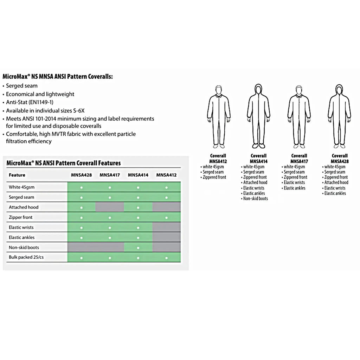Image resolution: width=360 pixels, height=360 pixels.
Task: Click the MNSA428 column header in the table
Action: coord(81,175)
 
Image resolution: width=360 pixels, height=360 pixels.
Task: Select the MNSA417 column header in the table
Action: coord(110,175)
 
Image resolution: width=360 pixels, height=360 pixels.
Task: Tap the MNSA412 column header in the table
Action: coord(166,175)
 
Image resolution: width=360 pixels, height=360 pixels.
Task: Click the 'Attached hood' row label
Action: coord(24,207)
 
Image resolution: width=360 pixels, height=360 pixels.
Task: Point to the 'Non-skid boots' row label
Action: coord(24,247)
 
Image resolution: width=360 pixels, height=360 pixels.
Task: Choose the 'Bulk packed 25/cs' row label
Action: coord(26,257)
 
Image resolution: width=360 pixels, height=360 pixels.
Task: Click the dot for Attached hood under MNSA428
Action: coord(81,207)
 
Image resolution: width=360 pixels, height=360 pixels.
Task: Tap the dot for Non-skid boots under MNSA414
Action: coord(138,248)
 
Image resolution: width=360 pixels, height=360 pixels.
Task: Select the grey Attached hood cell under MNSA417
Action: coord(110,207)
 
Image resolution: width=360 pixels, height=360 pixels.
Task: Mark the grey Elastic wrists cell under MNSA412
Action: coord(166,227)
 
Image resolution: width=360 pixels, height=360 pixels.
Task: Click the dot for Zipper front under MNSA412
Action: coord(166,218)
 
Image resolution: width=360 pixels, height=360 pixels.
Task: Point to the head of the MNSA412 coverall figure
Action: coord(218,90)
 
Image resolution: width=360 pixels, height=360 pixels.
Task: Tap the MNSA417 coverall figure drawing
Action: coord(299,116)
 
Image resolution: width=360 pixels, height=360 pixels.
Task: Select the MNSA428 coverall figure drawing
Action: coord(339,116)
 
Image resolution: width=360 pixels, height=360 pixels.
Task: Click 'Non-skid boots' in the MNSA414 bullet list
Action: coord(256,199)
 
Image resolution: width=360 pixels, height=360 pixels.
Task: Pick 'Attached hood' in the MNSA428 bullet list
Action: coord(336,182)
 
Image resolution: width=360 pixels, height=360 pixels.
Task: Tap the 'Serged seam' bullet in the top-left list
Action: coord(21,86)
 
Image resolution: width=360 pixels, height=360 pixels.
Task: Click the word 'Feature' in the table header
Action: coord(17,175)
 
